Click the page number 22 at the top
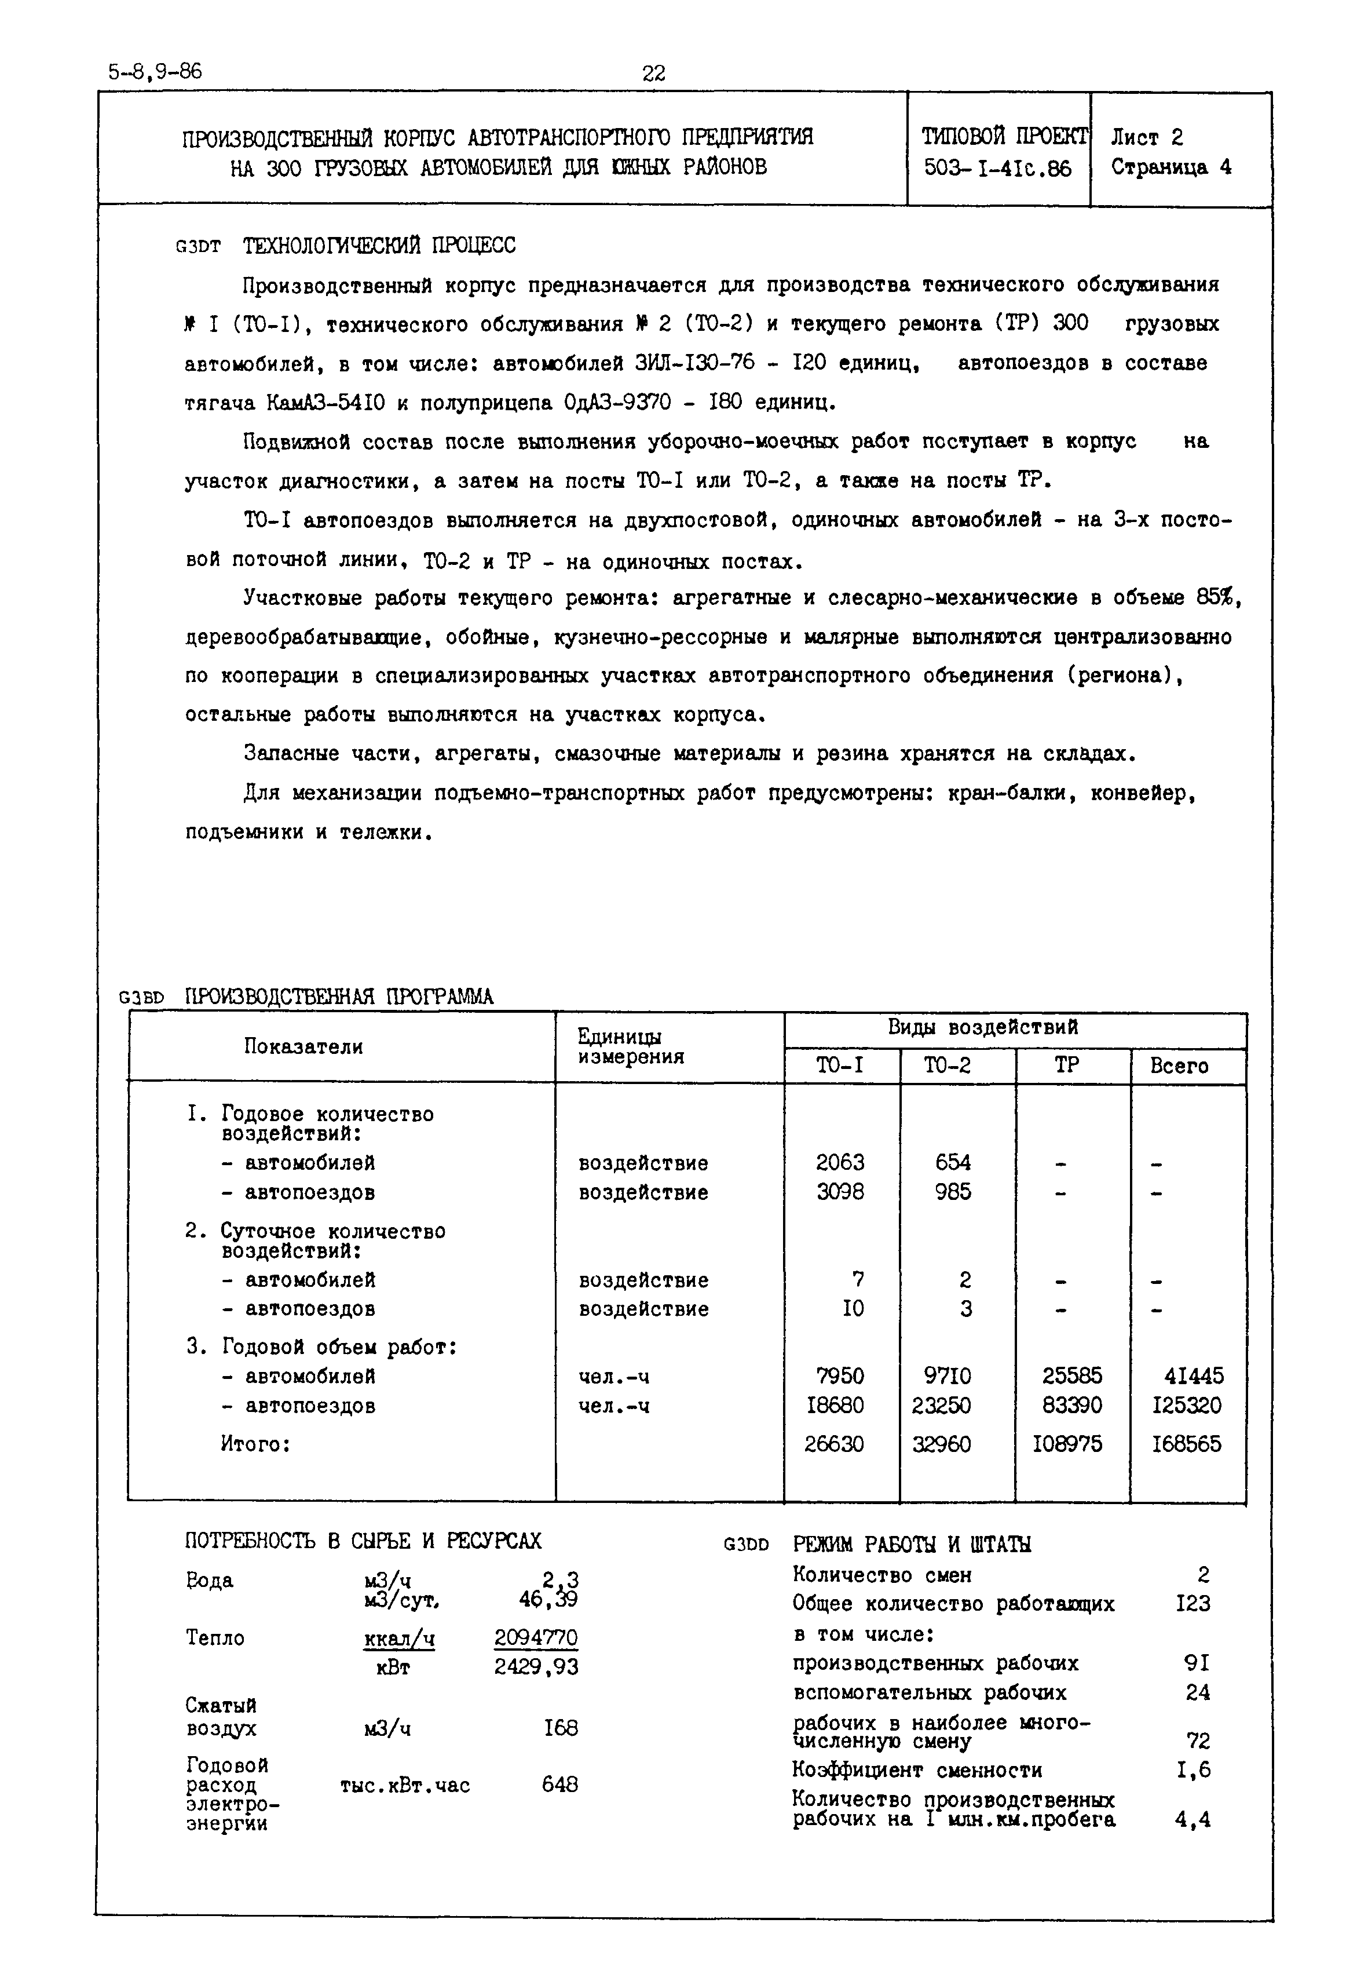[653, 74]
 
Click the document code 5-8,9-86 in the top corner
[155, 71]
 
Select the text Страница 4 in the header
[1171, 167]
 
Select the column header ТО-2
[947, 1066]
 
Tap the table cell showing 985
[953, 1192]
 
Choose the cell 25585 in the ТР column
[1071, 1376]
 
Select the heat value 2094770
[536, 1638]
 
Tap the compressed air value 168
[561, 1728]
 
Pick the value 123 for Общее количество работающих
[1193, 1603]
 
